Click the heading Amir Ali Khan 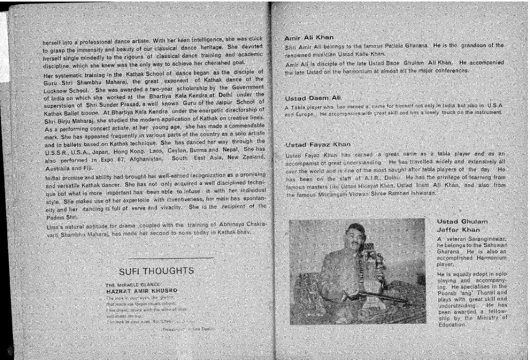pos(309,38)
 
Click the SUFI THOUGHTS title pos(156,271)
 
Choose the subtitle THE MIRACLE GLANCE pos(132,285)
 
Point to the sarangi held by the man pos(376,275)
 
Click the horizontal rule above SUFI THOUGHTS pos(171,258)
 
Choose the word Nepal pos(240,149)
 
